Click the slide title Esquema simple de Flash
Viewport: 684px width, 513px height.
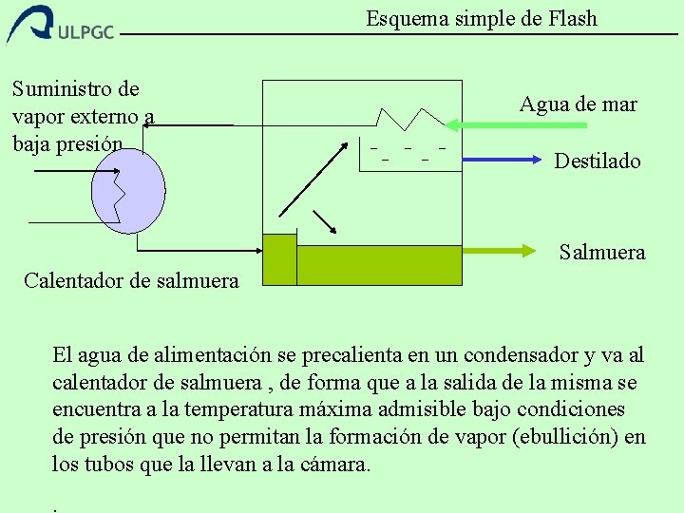tap(482, 18)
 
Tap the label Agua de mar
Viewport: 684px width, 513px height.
tap(578, 104)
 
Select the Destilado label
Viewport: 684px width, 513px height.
tap(598, 161)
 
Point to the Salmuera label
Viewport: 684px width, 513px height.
tap(602, 252)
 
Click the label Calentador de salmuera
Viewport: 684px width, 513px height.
tap(131, 280)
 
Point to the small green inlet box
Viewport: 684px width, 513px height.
tap(279, 259)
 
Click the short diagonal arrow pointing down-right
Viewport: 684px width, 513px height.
tap(326, 220)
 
